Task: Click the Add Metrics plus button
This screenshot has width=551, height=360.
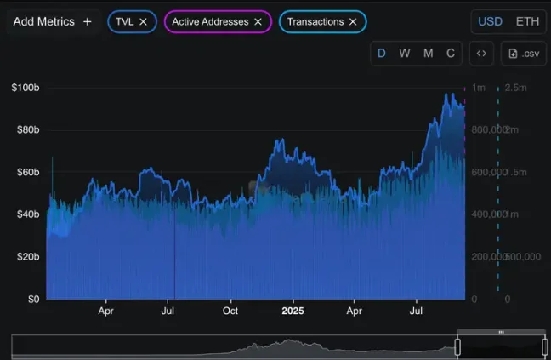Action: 88,21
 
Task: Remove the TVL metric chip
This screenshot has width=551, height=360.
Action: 143,21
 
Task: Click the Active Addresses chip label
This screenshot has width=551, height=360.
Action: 210,21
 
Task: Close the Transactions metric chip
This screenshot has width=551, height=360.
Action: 352,21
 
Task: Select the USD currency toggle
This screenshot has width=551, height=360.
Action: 490,21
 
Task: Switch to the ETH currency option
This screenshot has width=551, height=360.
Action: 527,21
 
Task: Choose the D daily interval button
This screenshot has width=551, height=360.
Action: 382,54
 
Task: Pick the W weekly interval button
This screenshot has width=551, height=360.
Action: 405,54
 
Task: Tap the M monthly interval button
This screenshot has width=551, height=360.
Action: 428,54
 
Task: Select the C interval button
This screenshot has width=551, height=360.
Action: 451,54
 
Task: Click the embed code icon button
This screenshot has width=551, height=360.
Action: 481,54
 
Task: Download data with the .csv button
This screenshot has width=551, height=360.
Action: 523,54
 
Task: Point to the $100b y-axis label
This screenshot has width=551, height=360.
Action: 26,88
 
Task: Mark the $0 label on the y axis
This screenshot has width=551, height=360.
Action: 33,300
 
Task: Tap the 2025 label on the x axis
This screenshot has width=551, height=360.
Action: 293,311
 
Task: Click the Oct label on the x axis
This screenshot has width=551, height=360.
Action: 230,311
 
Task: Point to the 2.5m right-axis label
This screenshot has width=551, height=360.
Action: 514,88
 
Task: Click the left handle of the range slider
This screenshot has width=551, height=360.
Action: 457,346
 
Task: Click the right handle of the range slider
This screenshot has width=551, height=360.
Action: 544,346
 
